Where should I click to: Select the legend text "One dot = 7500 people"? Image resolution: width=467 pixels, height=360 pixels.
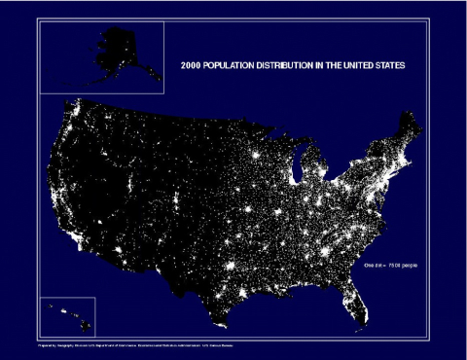[389, 264]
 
